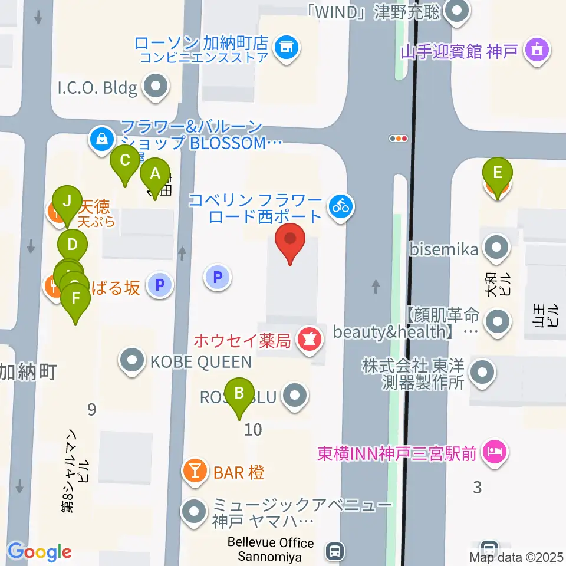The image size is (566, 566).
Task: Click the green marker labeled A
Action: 155,175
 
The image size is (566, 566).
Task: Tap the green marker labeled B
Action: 239,393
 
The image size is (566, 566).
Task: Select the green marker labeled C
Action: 125,160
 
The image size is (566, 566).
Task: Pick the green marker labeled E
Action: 498,173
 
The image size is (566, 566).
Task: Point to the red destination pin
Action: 290,242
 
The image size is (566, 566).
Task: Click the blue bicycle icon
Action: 340,205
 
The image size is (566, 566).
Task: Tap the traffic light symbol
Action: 399,139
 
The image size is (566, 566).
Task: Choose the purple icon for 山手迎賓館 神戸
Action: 537,51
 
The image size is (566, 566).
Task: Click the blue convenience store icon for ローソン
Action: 287,44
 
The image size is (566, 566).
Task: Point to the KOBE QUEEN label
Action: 202,361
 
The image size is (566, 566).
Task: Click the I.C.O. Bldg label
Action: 97,89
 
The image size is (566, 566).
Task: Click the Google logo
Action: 40,552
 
